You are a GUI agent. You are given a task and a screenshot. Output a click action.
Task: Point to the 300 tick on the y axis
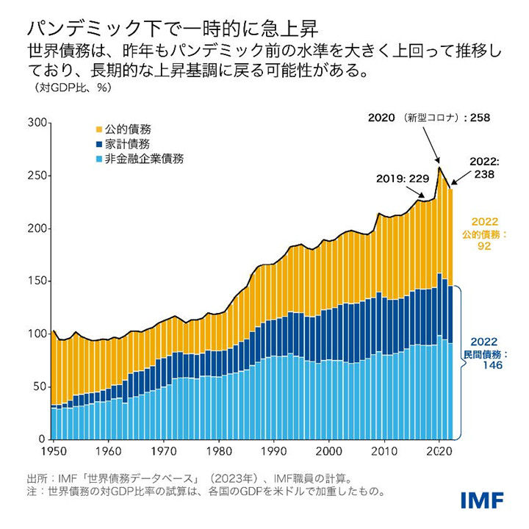coord(37,123)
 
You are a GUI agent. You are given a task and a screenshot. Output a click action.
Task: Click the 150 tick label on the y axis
coord(37,281)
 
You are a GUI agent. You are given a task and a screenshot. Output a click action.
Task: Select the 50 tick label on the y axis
coord(40,386)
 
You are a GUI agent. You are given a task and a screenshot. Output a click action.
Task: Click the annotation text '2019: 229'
coord(402,178)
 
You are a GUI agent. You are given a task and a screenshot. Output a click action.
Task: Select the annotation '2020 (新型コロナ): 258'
coord(430,117)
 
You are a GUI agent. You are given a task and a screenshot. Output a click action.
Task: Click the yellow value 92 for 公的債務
coord(485,247)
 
